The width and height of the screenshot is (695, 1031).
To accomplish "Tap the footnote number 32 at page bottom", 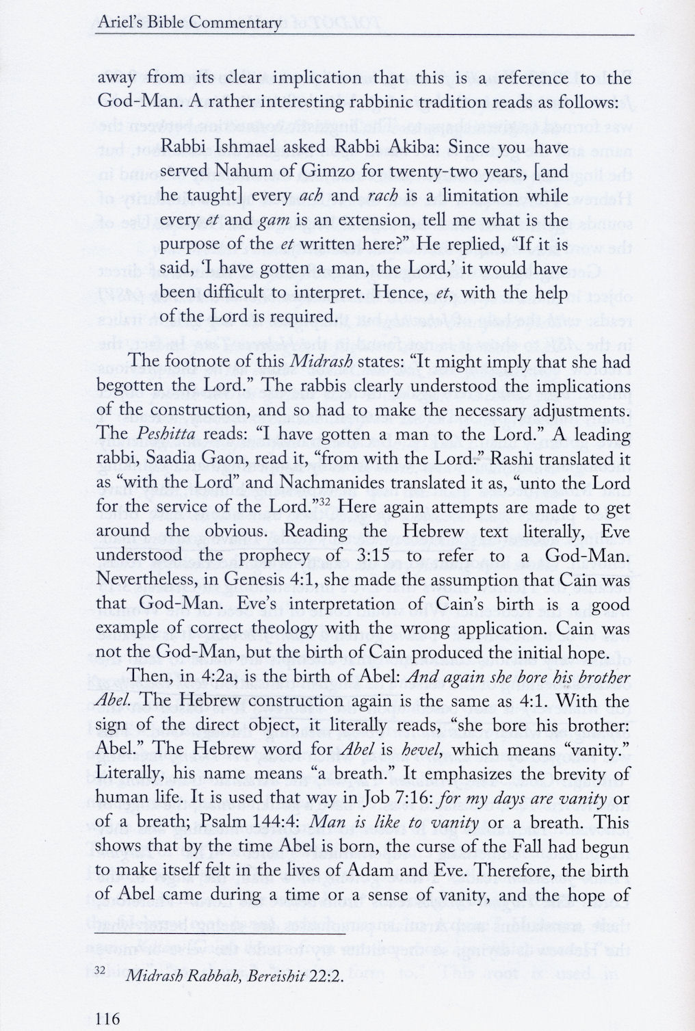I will point(101,971).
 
